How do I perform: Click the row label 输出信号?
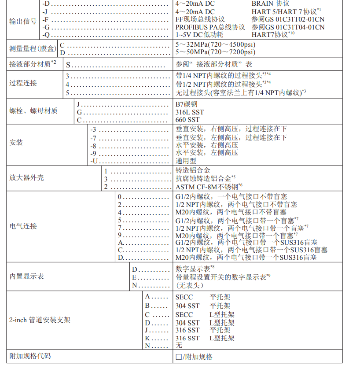click(23, 21)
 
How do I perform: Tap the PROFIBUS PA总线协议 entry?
click(210, 27)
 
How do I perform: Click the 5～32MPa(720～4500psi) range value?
click(216, 44)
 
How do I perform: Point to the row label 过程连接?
click(23, 83)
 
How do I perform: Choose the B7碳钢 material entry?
click(187, 104)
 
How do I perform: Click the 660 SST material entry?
click(187, 120)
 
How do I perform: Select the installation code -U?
click(93, 161)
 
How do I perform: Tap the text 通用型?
click(186, 161)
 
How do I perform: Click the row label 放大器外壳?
click(26, 178)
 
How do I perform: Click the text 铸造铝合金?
click(193, 170)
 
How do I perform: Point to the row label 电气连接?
click(23, 226)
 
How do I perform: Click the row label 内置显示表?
click(26, 276)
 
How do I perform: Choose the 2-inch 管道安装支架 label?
click(40, 320)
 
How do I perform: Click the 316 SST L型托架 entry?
click(205, 338)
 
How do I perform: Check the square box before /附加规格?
click(179, 357)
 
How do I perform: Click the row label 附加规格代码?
click(30, 356)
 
